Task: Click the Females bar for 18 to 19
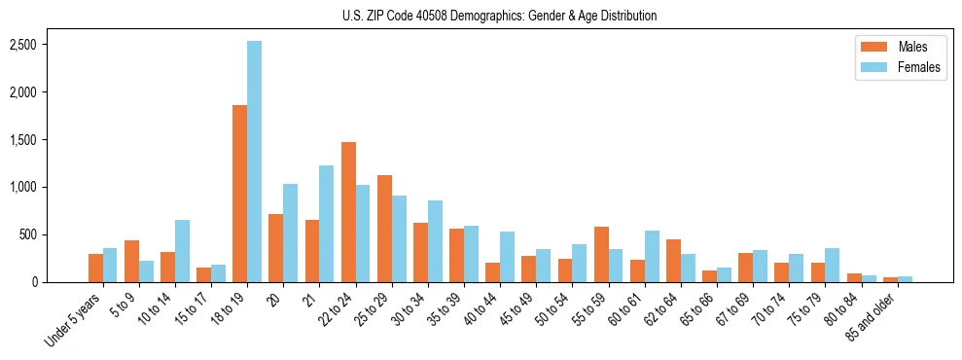point(254,162)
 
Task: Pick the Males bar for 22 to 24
point(348,212)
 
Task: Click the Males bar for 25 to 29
point(384,229)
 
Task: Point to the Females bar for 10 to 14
point(182,251)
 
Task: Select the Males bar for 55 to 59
point(601,254)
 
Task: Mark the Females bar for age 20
point(290,234)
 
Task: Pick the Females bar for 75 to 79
point(833,265)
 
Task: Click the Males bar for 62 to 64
point(673,261)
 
